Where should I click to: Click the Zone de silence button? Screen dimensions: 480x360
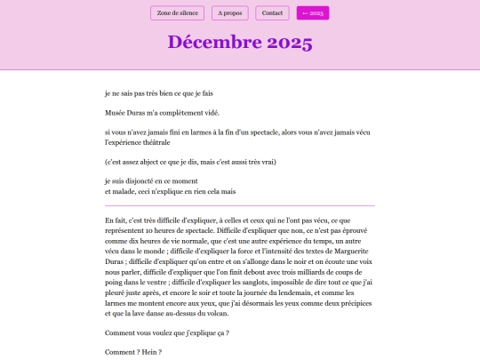tap(177, 13)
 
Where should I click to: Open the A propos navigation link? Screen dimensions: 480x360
tap(231, 13)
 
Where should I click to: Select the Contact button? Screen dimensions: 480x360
tap(272, 13)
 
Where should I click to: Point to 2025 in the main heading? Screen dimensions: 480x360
tap(284, 43)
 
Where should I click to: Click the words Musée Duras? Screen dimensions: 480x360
tap(125, 112)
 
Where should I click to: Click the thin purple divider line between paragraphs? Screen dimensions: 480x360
tap(239, 205)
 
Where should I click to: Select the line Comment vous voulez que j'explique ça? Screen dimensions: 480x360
tap(167, 332)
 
